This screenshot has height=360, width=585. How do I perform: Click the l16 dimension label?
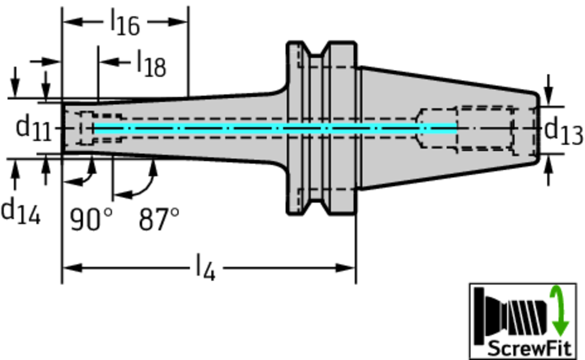click(125, 23)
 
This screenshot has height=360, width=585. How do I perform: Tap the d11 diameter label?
click(33, 128)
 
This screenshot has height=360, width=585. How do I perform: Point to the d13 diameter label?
click(563, 131)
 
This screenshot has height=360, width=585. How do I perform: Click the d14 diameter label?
click(20, 211)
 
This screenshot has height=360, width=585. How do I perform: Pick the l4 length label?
click(206, 267)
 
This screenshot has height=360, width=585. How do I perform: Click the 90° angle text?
click(91, 219)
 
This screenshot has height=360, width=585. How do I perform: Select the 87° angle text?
click(159, 219)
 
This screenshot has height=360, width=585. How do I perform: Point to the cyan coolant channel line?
click(274, 129)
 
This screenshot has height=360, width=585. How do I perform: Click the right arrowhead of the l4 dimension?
click(347, 267)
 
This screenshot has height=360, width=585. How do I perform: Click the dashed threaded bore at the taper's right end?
click(486, 129)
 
